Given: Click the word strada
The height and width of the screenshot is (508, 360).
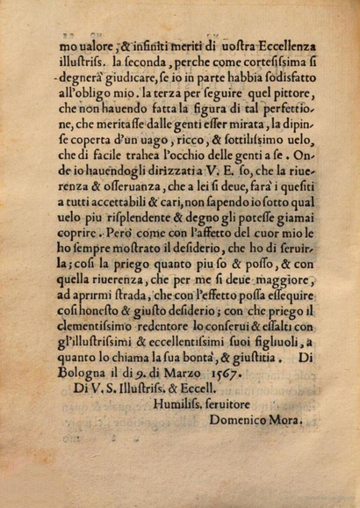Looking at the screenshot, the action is (170, 344).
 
